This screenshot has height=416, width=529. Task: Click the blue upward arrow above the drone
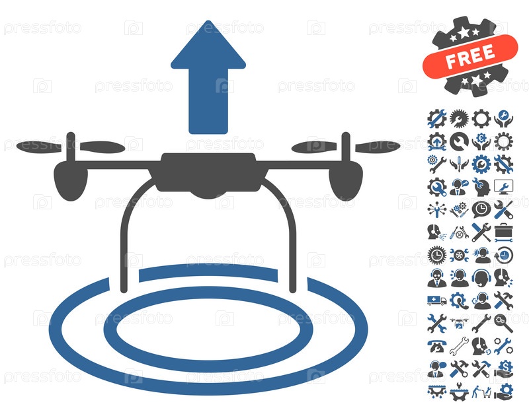point(208,77)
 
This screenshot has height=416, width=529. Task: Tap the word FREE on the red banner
point(470,56)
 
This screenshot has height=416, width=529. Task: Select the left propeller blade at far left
point(39,147)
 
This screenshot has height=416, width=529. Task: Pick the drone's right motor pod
point(346,181)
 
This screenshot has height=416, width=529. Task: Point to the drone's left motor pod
point(71,181)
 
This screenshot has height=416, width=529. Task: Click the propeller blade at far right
point(378,147)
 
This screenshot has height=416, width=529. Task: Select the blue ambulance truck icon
point(437,300)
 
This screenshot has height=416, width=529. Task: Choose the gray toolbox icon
point(504,232)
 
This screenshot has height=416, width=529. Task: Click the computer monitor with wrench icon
point(504,187)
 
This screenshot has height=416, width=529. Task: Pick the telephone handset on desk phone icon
point(437,346)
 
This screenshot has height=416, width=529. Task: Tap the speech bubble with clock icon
point(481,209)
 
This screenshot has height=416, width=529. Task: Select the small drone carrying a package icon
point(459,323)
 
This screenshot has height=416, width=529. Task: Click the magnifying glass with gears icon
point(504,323)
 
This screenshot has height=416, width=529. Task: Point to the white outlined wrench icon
point(459,346)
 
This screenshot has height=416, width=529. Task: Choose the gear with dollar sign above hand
point(504,369)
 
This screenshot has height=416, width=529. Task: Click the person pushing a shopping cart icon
point(481,392)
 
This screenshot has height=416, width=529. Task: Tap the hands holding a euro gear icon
point(481,141)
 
